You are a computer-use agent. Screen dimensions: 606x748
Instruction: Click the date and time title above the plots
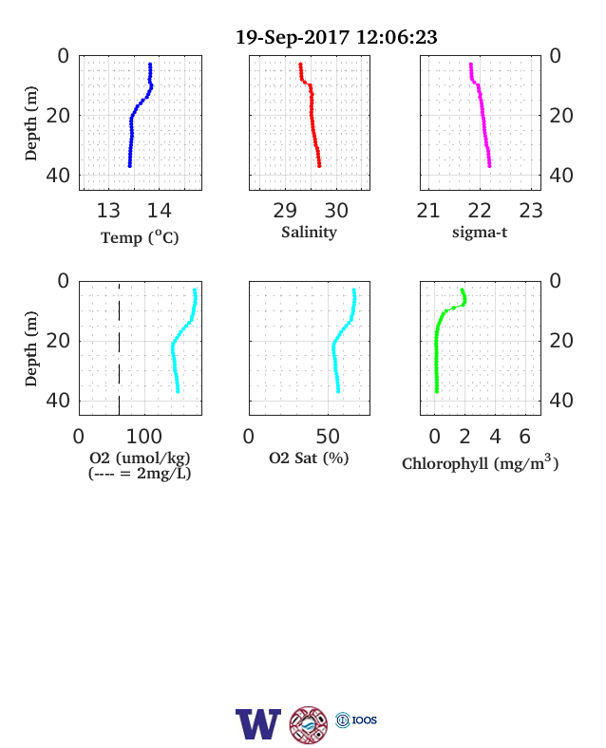pyautogui.click(x=336, y=37)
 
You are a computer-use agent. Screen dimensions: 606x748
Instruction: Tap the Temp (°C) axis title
pyautogui.click(x=140, y=237)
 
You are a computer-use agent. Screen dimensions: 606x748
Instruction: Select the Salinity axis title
pyautogui.click(x=310, y=233)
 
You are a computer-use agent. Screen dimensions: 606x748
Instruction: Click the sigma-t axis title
pyautogui.click(x=480, y=233)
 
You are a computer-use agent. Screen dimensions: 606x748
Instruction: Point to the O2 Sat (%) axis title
pyautogui.click(x=309, y=458)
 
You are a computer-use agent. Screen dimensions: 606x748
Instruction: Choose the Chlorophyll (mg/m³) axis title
pyautogui.click(x=480, y=462)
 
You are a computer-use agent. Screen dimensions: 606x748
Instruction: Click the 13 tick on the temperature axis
pyautogui.click(x=108, y=211)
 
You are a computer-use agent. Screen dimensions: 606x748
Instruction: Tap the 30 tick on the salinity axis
pyautogui.click(x=336, y=211)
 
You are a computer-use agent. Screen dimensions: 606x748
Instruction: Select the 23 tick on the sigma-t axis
pyautogui.click(x=531, y=211)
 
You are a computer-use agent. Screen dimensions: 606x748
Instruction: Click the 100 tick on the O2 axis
pyautogui.click(x=144, y=437)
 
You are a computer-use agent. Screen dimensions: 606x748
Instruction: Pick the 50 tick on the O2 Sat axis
pyautogui.click(x=328, y=437)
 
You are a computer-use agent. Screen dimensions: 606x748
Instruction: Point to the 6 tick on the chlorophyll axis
pyautogui.click(x=525, y=437)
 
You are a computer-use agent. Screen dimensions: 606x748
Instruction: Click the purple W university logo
pyautogui.click(x=258, y=724)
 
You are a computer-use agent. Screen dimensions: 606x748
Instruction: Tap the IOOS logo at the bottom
pyautogui.click(x=356, y=720)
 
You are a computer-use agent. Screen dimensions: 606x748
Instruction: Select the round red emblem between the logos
pyautogui.click(x=309, y=725)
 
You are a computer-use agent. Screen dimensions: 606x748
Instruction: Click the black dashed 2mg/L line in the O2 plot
pyautogui.click(x=119, y=348)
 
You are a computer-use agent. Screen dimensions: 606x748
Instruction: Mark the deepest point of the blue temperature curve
pyautogui.click(x=129, y=166)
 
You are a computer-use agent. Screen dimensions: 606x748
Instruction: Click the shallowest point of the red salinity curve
pyautogui.click(x=300, y=64)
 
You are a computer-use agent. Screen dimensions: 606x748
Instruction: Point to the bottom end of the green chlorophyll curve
pyautogui.click(x=437, y=392)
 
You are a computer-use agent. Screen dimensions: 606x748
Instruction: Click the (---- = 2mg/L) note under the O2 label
pyautogui.click(x=140, y=474)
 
